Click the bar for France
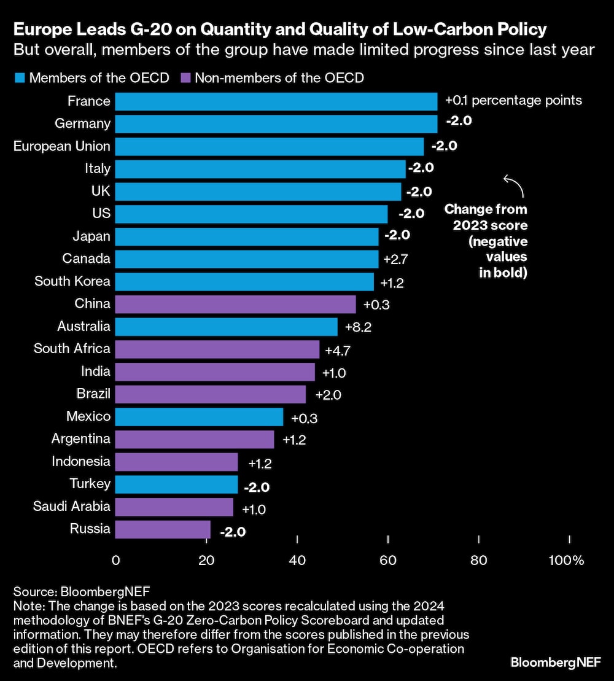point(276,101)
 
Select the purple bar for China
point(236,305)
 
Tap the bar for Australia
point(227,327)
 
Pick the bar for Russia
point(163,529)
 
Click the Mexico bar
point(200,417)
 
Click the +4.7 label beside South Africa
point(337,349)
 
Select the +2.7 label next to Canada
point(396,259)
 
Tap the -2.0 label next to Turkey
point(257,487)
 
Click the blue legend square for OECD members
point(19,78)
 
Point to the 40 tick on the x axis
point(297,560)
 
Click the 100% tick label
point(566,560)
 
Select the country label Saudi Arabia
point(72,507)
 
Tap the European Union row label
point(62,146)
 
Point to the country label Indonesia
point(81,461)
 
